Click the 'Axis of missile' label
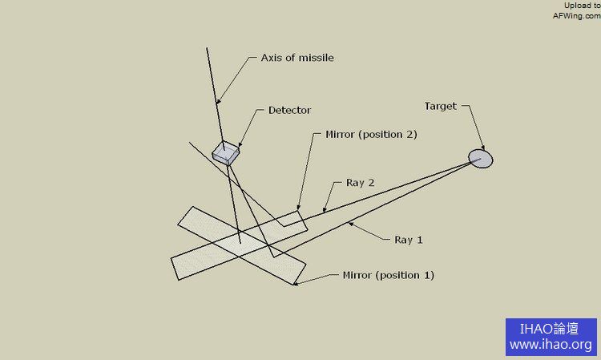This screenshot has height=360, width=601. pos(297,58)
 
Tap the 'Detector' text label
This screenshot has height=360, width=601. pos(289,110)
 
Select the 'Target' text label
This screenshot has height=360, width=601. pos(440,106)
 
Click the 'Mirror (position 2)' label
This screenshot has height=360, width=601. pos(372,134)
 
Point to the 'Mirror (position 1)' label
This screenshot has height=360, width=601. pos(388,275)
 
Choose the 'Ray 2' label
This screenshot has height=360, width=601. pos(361,183)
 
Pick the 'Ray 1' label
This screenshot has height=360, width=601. pos(409,240)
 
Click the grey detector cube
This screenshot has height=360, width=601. pos(226,153)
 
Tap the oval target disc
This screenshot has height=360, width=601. pos(481,158)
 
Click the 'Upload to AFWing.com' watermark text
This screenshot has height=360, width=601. pos(576,10)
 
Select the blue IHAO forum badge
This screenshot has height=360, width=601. pos(551,337)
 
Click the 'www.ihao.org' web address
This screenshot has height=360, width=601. pos(551,346)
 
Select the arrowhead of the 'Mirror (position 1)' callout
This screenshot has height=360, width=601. pos(295,283)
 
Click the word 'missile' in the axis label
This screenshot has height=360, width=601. pos(317,58)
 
